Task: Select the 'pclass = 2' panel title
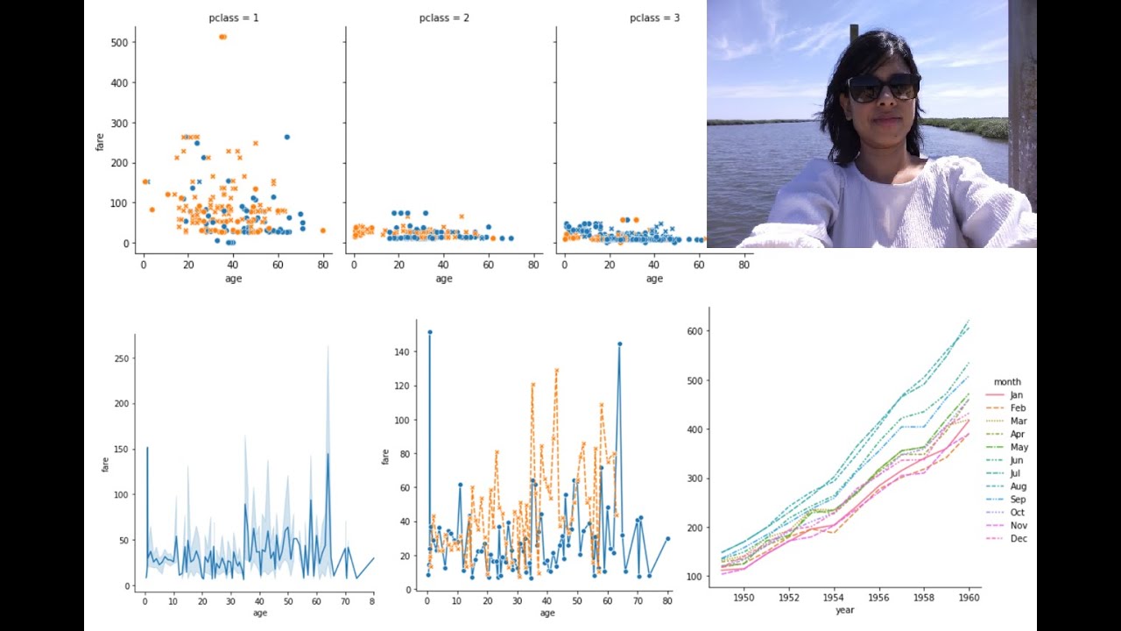coord(444,18)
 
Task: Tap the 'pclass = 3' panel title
coord(654,18)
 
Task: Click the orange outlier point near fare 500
coord(222,37)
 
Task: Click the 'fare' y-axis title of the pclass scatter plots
coord(101,141)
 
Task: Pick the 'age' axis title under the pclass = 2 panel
coord(444,279)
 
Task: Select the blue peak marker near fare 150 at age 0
coord(429,332)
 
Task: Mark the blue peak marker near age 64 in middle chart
coord(619,344)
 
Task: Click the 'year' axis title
coord(844,610)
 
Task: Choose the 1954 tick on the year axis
coord(835,598)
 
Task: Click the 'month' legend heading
coord(1007,382)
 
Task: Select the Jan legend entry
coord(1016,395)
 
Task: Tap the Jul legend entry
coord(1016,473)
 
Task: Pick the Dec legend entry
coord(1018,538)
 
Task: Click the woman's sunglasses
coord(883,88)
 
